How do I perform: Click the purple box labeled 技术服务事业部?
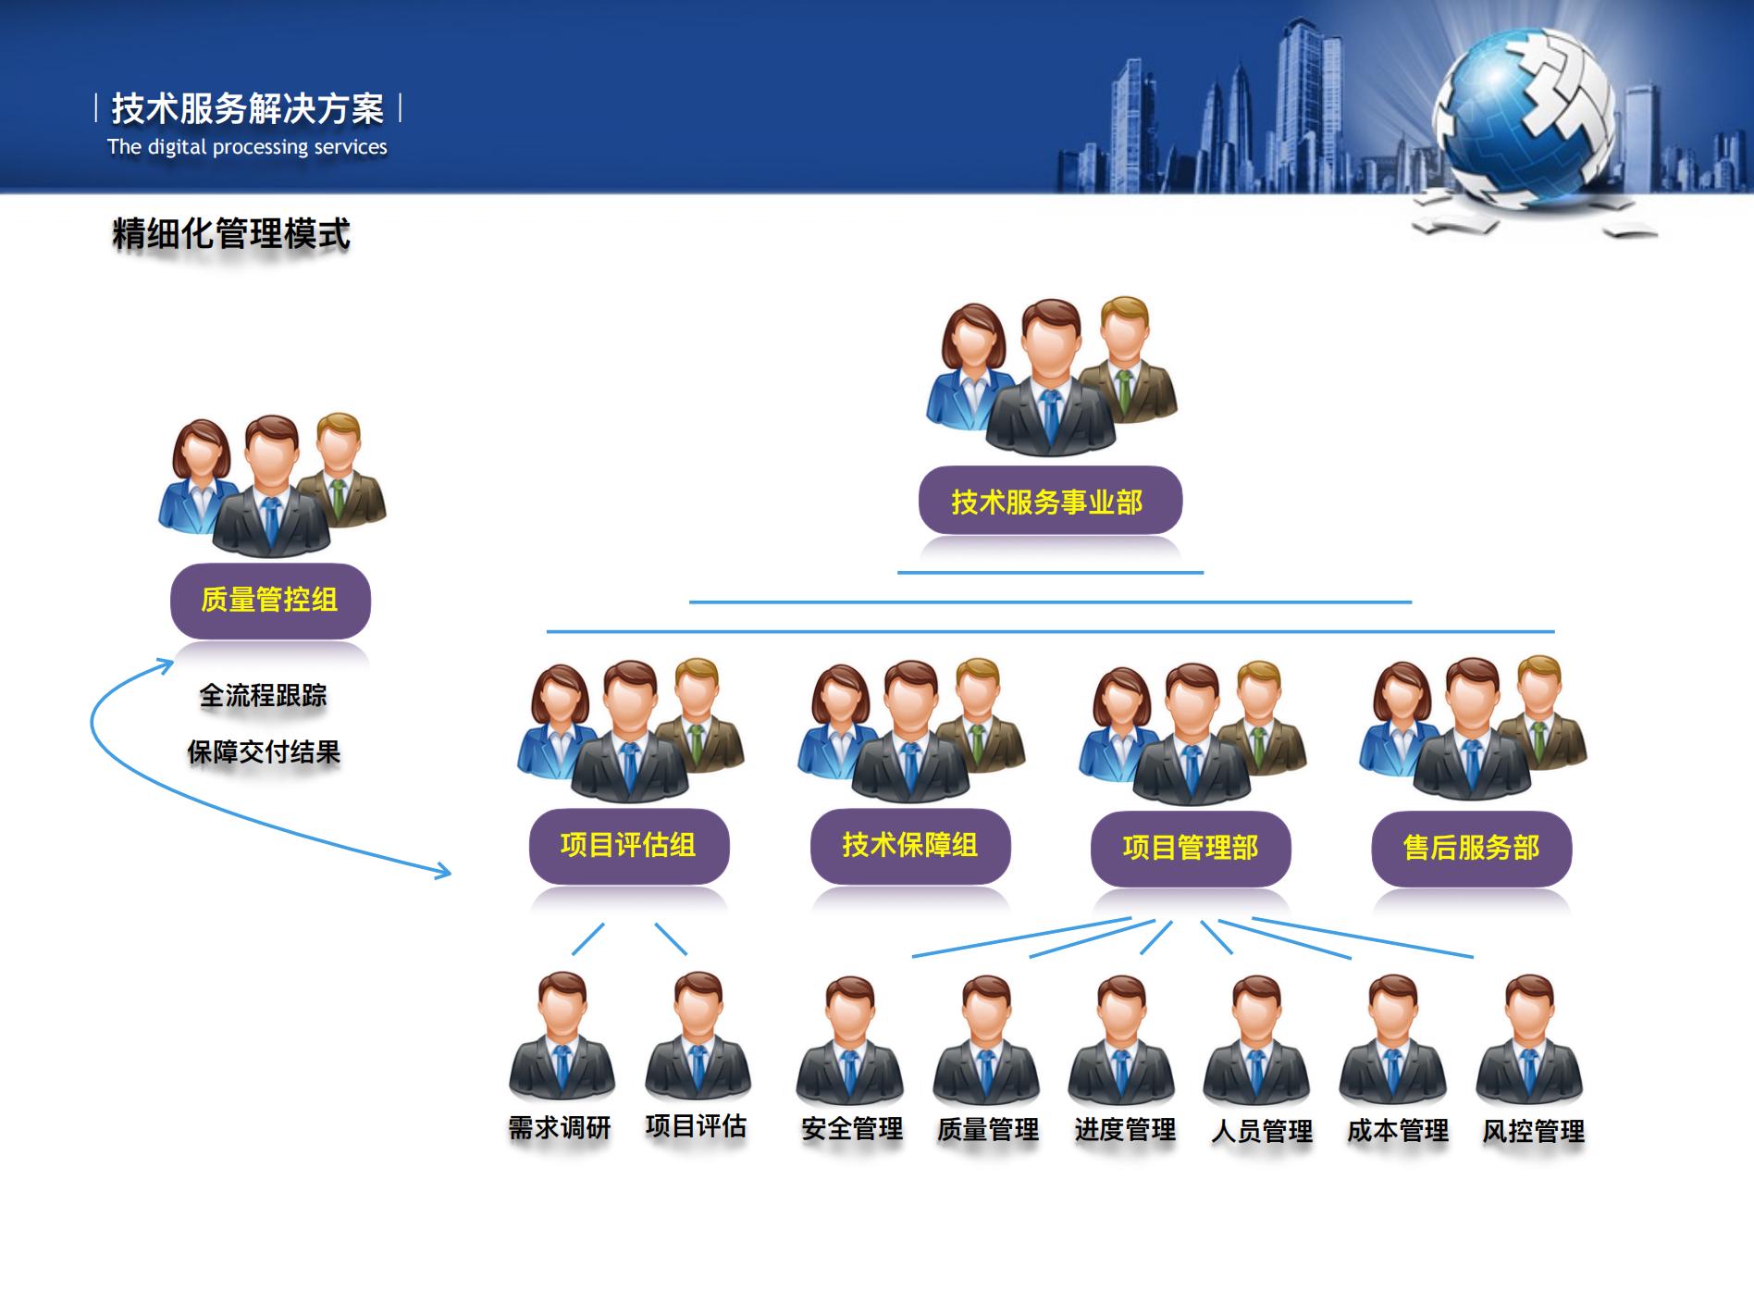tap(1050, 501)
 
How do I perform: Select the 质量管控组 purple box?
tap(270, 601)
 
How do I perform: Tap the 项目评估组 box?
tap(629, 846)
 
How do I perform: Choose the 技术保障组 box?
tap(910, 846)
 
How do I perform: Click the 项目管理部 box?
tap(1191, 848)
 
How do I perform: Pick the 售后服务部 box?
tap(1472, 848)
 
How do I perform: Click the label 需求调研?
tap(560, 1128)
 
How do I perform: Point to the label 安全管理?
tap(852, 1129)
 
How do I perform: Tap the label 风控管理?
tap(1534, 1131)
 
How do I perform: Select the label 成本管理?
tap(1398, 1131)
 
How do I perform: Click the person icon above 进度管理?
tap(1121, 1038)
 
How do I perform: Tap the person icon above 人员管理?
tap(1256, 1038)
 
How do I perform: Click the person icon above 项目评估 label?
tap(698, 1036)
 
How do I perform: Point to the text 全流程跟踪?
tap(264, 695)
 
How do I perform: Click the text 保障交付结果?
tap(264, 751)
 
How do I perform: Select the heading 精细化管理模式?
tap(231, 233)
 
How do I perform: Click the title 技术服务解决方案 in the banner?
tap(248, 109)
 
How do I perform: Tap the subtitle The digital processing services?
tap(247, 147)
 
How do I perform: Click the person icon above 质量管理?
tap(986, 1038)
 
